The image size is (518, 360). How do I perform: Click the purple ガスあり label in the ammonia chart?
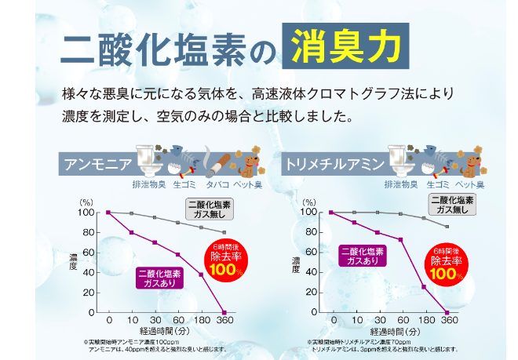159,278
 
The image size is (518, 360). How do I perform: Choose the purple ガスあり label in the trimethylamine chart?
362,257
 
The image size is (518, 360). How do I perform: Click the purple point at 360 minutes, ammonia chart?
224,312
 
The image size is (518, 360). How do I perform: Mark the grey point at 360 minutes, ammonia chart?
224,232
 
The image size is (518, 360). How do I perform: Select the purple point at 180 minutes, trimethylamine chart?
424,286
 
